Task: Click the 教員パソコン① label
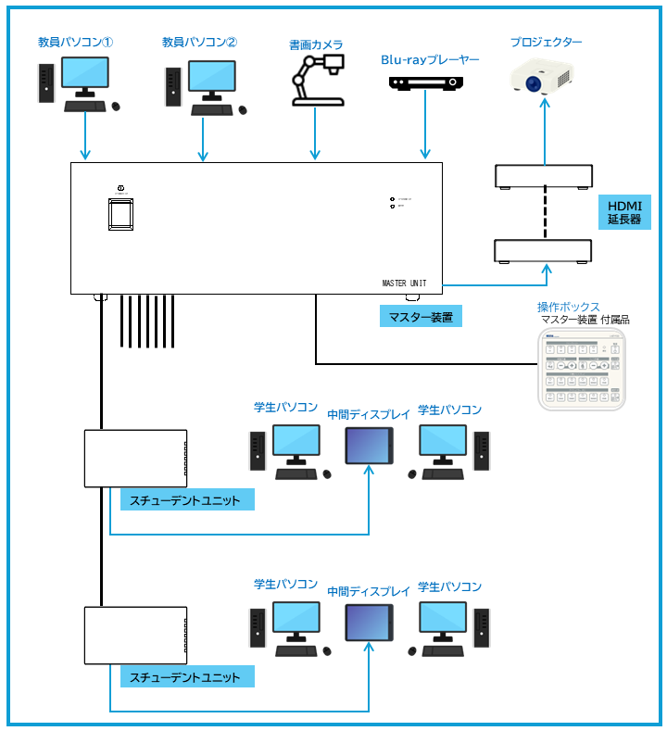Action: [75, 43]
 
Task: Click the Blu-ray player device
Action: [425, 83]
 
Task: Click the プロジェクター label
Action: [547, 43]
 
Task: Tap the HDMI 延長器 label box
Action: [624, 212]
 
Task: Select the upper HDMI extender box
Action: [544, 175]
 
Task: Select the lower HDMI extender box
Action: [543, 250]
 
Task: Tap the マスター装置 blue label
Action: [421, 317]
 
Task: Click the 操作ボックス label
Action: [568, 307]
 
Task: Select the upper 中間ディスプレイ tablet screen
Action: [369, 446]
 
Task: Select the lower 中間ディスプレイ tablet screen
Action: [369, 622]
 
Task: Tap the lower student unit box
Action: [135, 636]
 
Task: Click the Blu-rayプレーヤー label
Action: [430, 60]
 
